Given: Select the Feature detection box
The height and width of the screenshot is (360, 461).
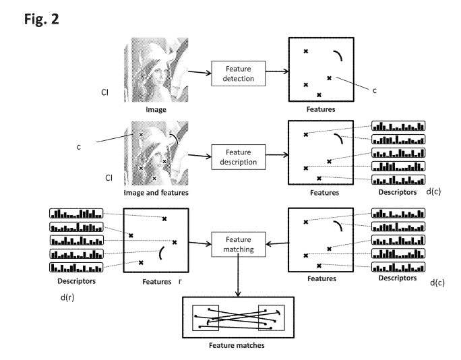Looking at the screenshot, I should [x=237, y=73].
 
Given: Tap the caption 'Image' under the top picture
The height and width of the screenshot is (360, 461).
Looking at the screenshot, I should [x=156, y=109].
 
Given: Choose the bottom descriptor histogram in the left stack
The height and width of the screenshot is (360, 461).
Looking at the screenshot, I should [x=76, y=268].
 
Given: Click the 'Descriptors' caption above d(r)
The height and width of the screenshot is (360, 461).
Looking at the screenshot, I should [x=75, y=280].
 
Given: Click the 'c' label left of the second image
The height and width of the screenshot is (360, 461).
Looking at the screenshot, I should [x=79, y=146].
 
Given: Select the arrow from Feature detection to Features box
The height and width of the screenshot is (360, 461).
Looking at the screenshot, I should [x=276, y=73].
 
